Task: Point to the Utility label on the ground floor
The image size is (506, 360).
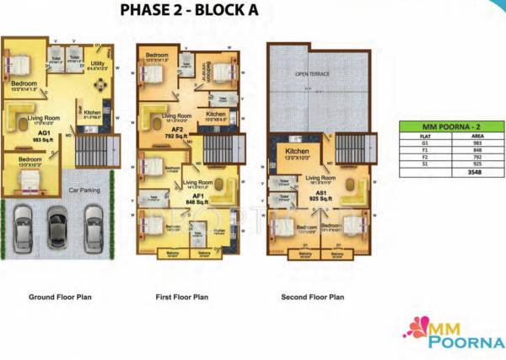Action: [x=98, y=63]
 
